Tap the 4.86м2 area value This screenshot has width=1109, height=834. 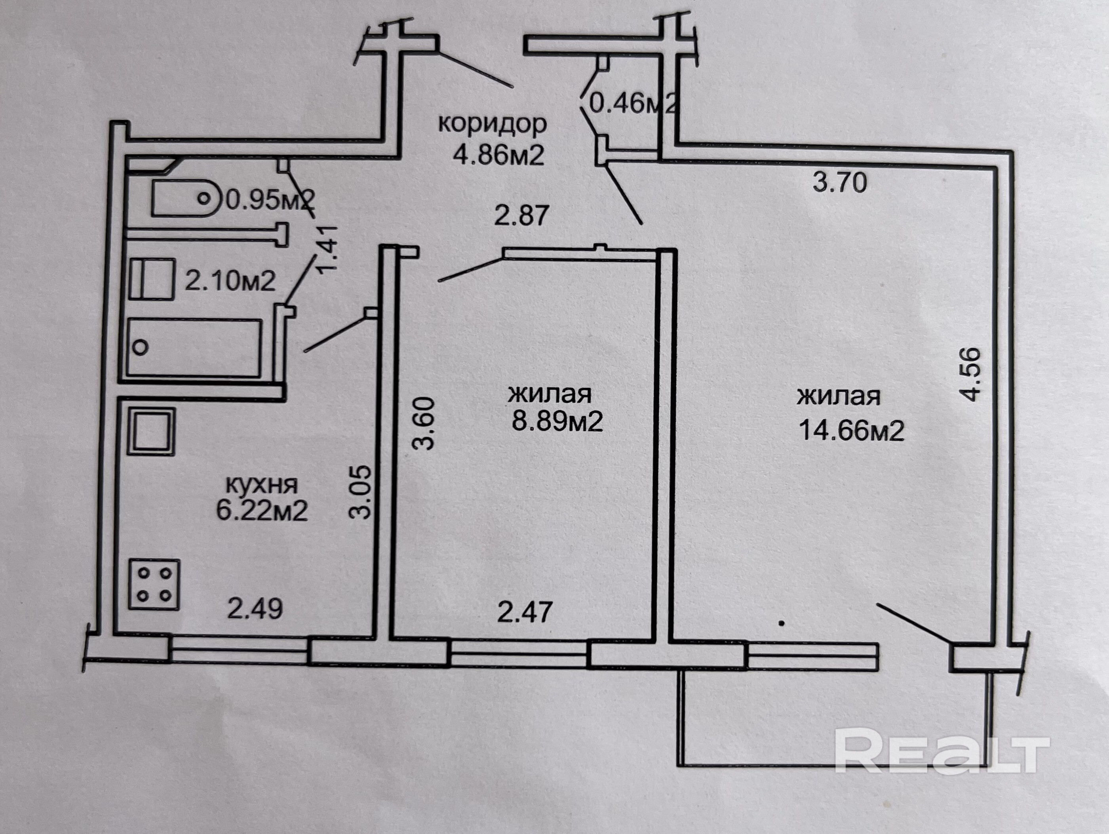tap(498, 155)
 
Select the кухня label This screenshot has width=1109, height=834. tap(261, 484)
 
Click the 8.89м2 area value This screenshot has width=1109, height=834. tap(557, 422)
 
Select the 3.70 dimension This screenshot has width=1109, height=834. tap(839, 182)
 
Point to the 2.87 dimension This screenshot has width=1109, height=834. tap(522, 215)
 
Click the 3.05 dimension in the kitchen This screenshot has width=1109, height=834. tap(361, 492)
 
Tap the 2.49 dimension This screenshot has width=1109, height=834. tap(255, 609)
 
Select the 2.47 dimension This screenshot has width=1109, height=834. tap(525, 612)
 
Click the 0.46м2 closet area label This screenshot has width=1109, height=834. tap(633, 104)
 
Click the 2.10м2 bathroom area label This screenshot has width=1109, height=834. tap(230, 281)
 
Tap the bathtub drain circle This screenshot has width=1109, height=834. tap(141, 347)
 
